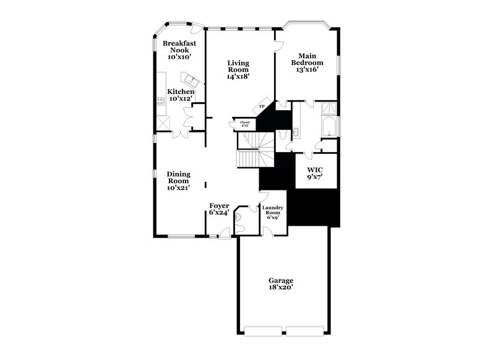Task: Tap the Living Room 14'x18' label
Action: coord(238,69)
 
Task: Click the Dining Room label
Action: coord(178,181)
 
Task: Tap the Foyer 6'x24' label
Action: coord(219,209)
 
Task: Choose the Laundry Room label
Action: coord(273,212)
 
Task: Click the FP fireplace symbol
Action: coord(262,106)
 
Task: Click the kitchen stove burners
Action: coord(161,102)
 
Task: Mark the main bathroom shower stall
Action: coord(331,109)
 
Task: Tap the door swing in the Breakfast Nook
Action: coord(196,30)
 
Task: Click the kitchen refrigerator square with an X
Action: coord(163,122)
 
